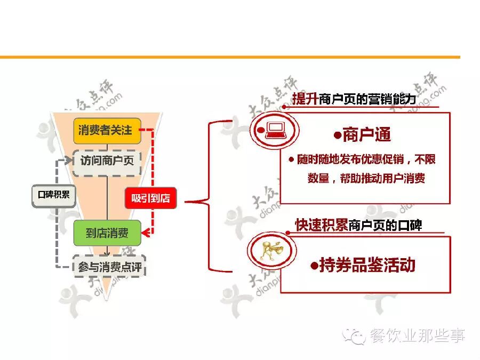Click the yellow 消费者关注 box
107,130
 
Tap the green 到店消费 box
107,233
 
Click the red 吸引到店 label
150,198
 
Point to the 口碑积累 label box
51,195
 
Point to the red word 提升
305,99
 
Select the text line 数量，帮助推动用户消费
366,179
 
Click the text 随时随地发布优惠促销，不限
367,159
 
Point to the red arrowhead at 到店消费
146,233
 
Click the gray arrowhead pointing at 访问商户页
68,160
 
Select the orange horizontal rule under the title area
229,57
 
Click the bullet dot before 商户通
337,135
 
